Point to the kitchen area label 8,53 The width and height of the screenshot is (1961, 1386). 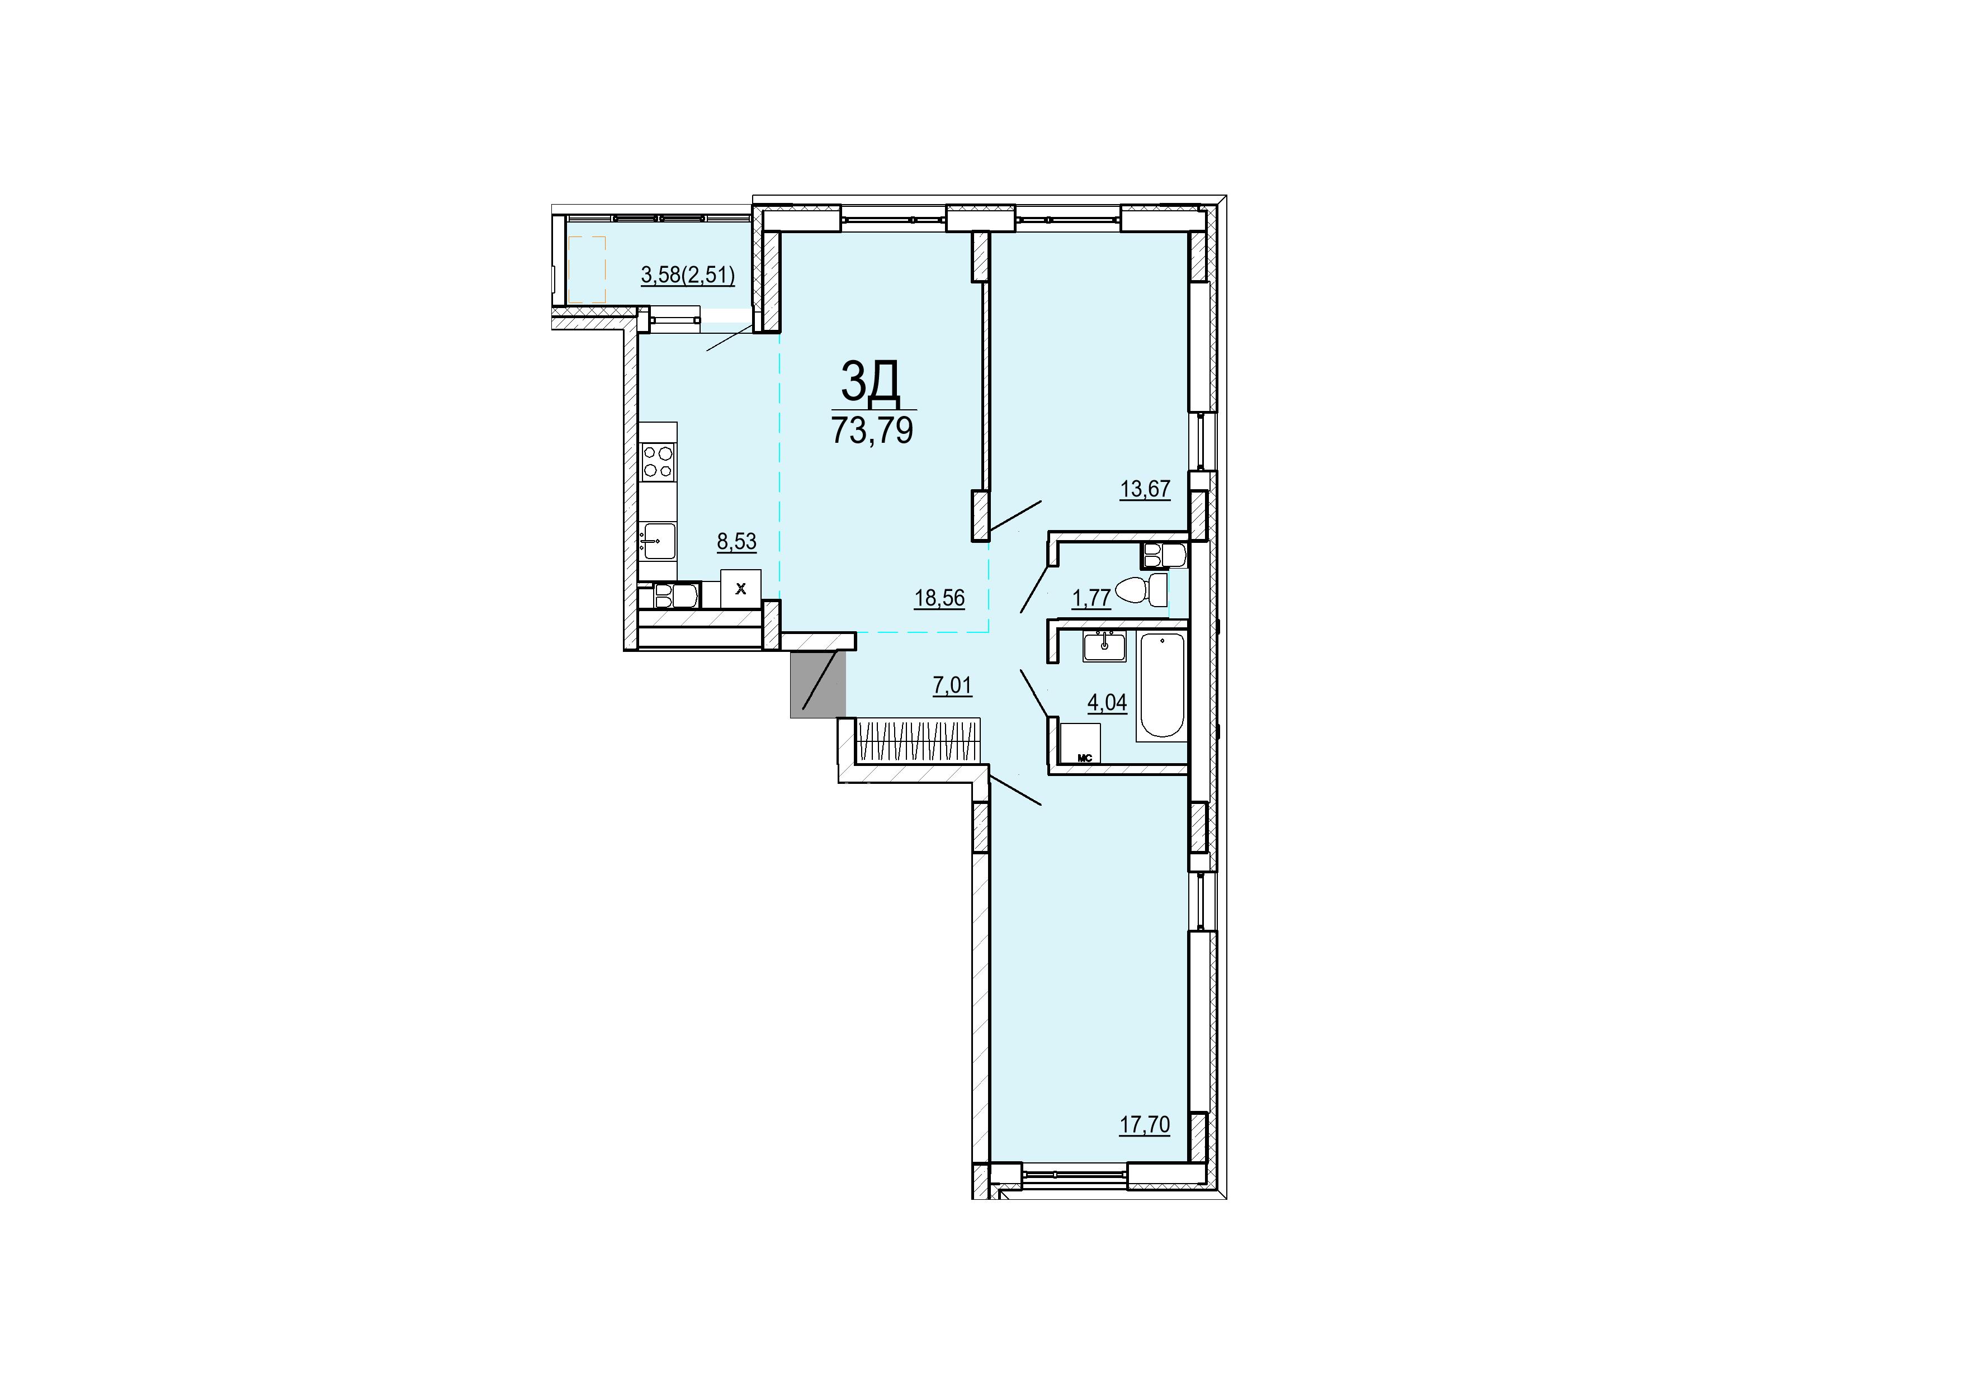(736, 541)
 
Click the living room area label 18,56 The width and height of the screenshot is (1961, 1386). (939, 598)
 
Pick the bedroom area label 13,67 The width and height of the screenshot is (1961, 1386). (1145, 489)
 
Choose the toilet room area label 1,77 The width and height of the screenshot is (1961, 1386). (1091, 598)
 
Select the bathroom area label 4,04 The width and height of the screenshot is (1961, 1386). (1107, 702)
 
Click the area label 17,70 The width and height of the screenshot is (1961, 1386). (1145, 1125)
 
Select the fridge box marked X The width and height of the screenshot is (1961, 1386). (740, 588)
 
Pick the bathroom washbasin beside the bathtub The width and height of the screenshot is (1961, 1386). (1106, 646)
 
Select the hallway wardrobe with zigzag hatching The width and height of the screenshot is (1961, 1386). (916, 740)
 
